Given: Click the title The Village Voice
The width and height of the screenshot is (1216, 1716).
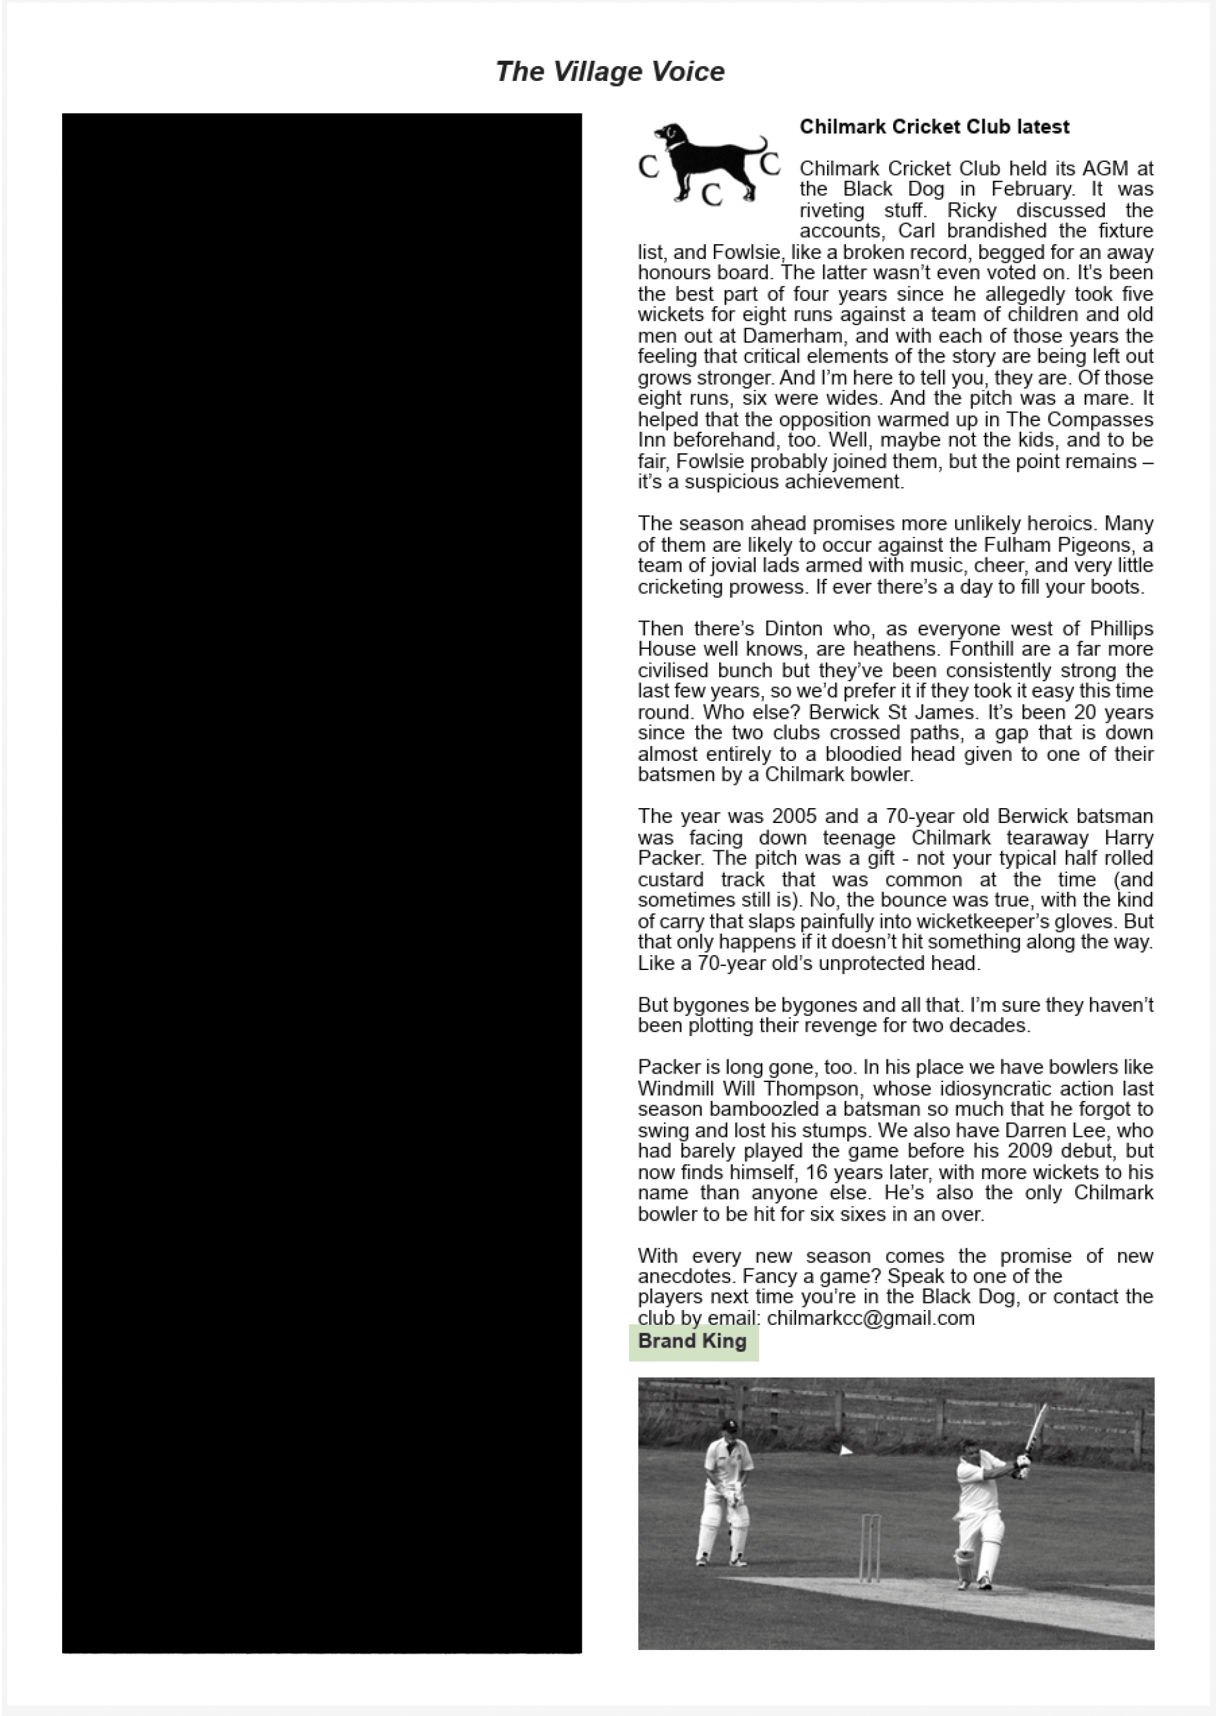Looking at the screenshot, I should (x=610, y=72).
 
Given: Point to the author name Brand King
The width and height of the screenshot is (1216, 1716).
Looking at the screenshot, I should (x=692, y=1340).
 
